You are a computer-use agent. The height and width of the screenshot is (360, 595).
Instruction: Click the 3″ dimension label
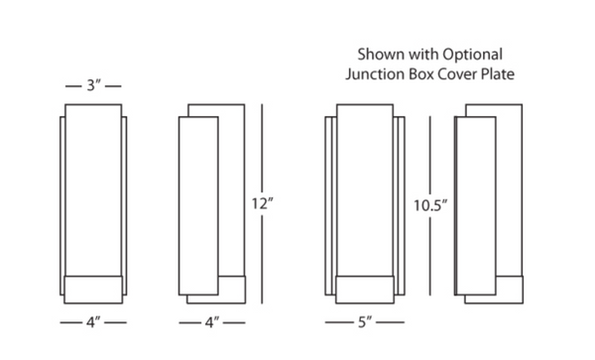pyautogui.click(x=93, y=85)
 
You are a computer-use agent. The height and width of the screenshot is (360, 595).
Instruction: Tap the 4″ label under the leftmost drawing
pyautogui.click(x=93, y=322)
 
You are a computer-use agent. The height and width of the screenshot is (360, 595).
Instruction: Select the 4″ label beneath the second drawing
pyautogui.click(x=212, y=323)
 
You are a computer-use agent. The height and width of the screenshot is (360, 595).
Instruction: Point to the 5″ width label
pyautogui.click(x=365, y=322)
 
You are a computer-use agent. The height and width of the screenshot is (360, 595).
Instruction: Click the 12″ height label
pyautogui.click(x=262, y=203)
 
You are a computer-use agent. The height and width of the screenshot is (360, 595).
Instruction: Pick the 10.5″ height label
pyautogui.click(x=430, y=205)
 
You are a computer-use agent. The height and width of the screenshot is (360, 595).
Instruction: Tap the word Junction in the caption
pyautogui.click(x=375, y=74)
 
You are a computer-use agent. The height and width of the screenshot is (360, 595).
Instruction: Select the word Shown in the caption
pyautogui.click(x=381, y=55)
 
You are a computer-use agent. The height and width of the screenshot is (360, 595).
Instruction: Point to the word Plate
pyautogui.click(x=498, y=74)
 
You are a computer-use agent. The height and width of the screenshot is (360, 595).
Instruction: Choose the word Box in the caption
pyautogui.click(x=421, y=74)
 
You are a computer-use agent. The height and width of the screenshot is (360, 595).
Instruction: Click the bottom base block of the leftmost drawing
pyautogui.click(x=93, y=290)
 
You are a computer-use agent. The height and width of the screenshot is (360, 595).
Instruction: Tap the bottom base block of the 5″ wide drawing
pyautogui.click(x=365, y=290)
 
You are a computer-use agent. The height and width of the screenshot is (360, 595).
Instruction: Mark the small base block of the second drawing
pyautogui.click(x=232, y=290)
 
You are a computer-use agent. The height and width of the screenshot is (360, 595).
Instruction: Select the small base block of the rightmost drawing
pyautogui.click(x=510, y=290)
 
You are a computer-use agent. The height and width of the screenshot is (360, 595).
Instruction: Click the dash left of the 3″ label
pyautogui.click(x=73, y=86)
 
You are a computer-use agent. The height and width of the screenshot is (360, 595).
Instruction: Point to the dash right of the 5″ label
pyautogui.click(x=390, y=322)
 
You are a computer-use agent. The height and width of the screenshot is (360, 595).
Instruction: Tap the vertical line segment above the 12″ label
pyautogui.click(x=262, y=149)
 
